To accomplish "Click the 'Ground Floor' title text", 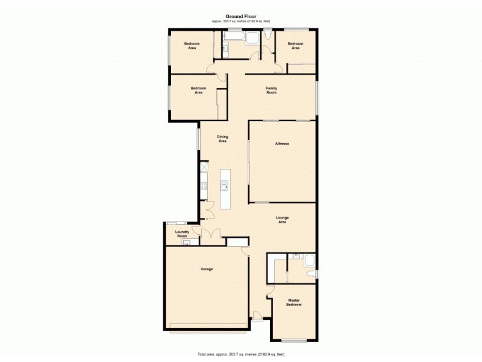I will click(x=241, y=16).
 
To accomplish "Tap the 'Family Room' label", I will click(x=271, y=91).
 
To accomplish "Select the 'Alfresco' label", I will click(x=283, y=144).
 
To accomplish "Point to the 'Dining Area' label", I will click(x=222, y=139).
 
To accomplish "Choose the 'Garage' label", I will click(x=207, y=269).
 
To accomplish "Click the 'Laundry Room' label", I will click(x=182, y=233).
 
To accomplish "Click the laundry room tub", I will click(x=187, y=243).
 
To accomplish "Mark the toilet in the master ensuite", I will click(x=310, y=275).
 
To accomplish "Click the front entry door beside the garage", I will click(x=257, y=314).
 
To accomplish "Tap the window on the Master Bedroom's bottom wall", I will click(x=294, y=341).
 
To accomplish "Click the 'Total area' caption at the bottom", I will click(x=241, y=354).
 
